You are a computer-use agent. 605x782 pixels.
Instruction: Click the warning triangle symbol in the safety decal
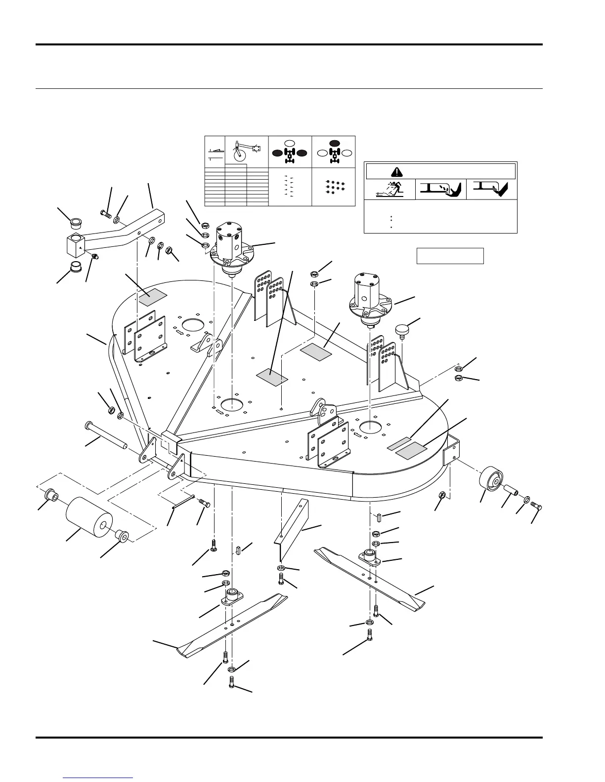pos(397,172)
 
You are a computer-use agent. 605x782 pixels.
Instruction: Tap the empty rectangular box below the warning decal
pos(450,256)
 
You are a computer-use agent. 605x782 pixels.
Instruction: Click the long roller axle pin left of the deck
pos(106,433)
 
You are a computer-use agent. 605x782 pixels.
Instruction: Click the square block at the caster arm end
pos(76,246)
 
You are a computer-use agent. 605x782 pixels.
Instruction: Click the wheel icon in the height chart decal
pos(240,153)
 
